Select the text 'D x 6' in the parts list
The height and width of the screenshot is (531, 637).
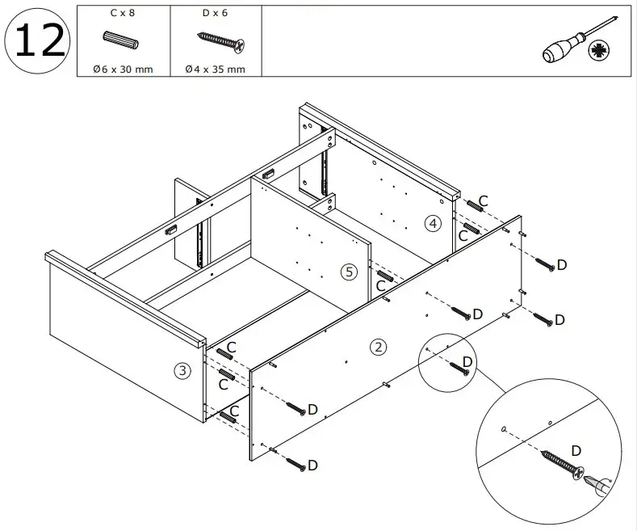[214, 13]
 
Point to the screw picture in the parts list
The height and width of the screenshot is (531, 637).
[220, 41]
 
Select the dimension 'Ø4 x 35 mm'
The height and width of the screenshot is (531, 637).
[215, 69]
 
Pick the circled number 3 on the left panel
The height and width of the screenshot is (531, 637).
[183, 371]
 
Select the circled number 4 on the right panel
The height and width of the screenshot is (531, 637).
[434, 223]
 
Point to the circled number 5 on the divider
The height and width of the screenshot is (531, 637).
[348, 272]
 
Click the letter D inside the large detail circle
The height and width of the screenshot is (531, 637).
[576, 449]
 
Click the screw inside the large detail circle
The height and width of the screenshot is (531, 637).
[559, 467]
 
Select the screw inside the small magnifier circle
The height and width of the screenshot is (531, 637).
[459, 369]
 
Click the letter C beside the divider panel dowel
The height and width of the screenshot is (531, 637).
[379, 285]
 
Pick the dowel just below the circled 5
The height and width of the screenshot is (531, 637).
[384, 276]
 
